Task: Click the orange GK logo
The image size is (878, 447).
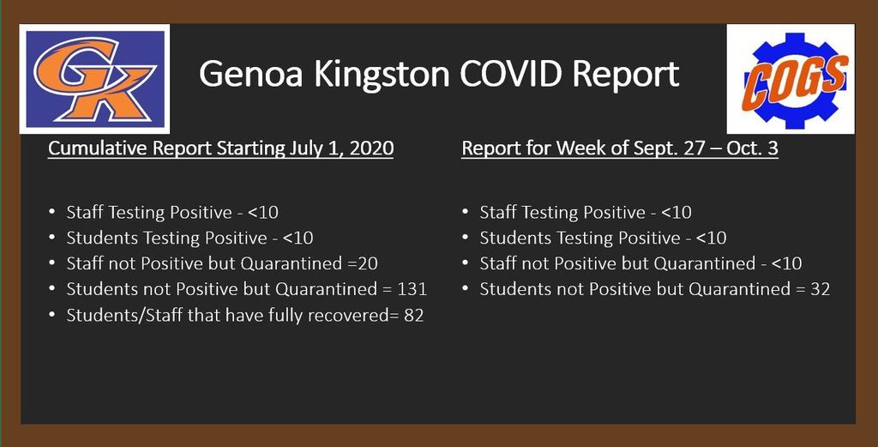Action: pos(94,78)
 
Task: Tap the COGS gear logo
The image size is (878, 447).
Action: pos(790,79)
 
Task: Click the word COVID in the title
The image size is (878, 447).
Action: pos(512,74)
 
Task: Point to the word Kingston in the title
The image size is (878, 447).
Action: pos(382,75)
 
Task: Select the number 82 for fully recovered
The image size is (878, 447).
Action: pos(414,316)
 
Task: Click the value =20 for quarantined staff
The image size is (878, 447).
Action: pos(366,263)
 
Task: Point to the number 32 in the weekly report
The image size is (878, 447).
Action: pos(820,289)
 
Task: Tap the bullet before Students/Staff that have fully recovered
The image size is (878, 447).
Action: pos(52,315)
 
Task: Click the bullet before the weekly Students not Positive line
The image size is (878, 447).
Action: pos(466,288)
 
